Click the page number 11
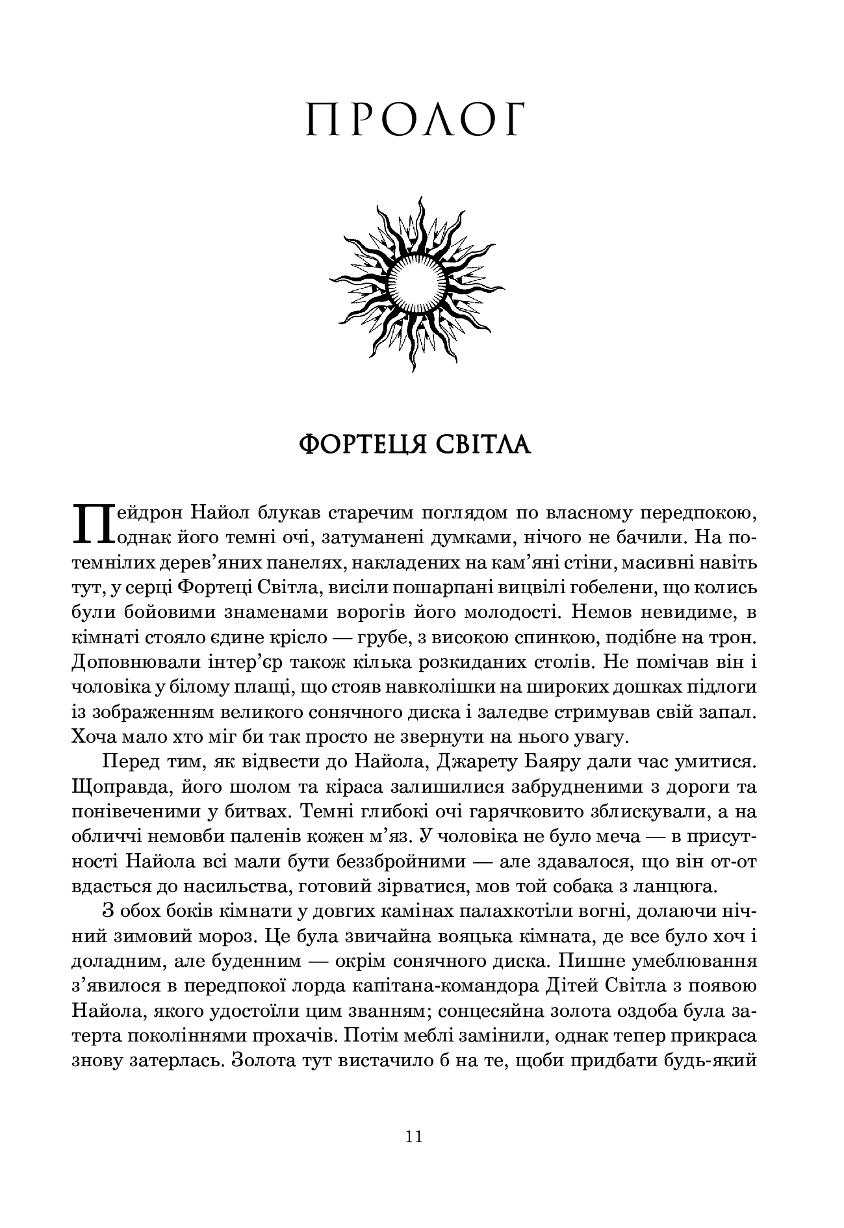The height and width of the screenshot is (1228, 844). [x=414, y=1136]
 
